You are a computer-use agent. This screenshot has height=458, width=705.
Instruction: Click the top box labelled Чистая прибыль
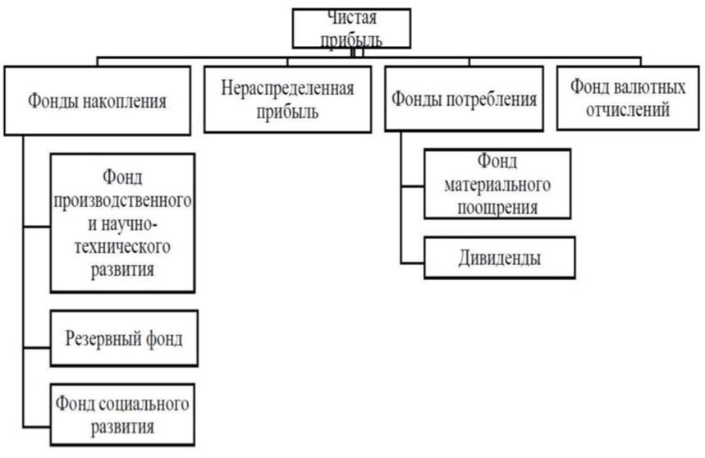point(351,29)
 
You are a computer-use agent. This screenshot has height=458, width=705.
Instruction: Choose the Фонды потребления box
point(465,100)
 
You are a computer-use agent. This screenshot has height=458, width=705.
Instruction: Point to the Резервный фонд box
point(124,337)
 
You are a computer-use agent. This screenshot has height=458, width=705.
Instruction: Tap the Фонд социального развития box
point(124,414)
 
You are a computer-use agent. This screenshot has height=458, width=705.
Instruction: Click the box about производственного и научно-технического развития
point(124,222)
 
